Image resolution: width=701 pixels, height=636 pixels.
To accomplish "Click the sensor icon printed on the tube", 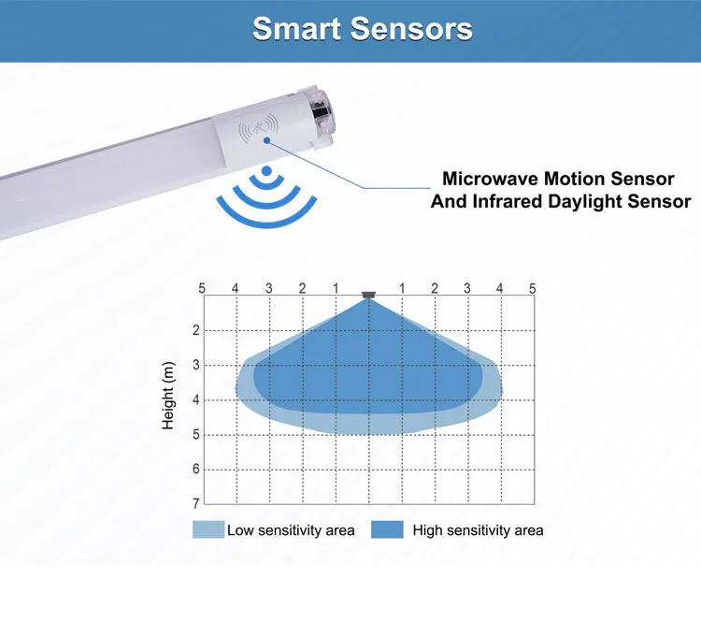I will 259,128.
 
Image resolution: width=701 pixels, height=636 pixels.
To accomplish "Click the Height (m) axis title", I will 168,398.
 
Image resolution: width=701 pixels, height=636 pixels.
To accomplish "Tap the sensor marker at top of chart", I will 368,295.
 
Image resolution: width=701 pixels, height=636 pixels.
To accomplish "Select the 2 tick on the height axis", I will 196,330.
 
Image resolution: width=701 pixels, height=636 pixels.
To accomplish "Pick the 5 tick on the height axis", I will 196,435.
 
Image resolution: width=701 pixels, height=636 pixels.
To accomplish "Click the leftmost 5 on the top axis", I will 202,288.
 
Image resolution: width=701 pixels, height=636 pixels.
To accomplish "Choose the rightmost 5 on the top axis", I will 533,288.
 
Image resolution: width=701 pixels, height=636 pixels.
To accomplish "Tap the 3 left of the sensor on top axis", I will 268,288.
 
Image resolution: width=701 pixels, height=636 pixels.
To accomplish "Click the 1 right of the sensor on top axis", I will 401,288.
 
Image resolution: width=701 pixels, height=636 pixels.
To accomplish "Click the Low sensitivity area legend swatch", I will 208,530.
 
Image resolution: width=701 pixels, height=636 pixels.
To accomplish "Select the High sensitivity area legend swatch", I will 387,530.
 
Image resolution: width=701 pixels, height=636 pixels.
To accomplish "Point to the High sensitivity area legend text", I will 478,530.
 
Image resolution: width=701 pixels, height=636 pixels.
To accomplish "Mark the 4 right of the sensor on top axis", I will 500,288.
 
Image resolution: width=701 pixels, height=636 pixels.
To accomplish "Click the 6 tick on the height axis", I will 196,470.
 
